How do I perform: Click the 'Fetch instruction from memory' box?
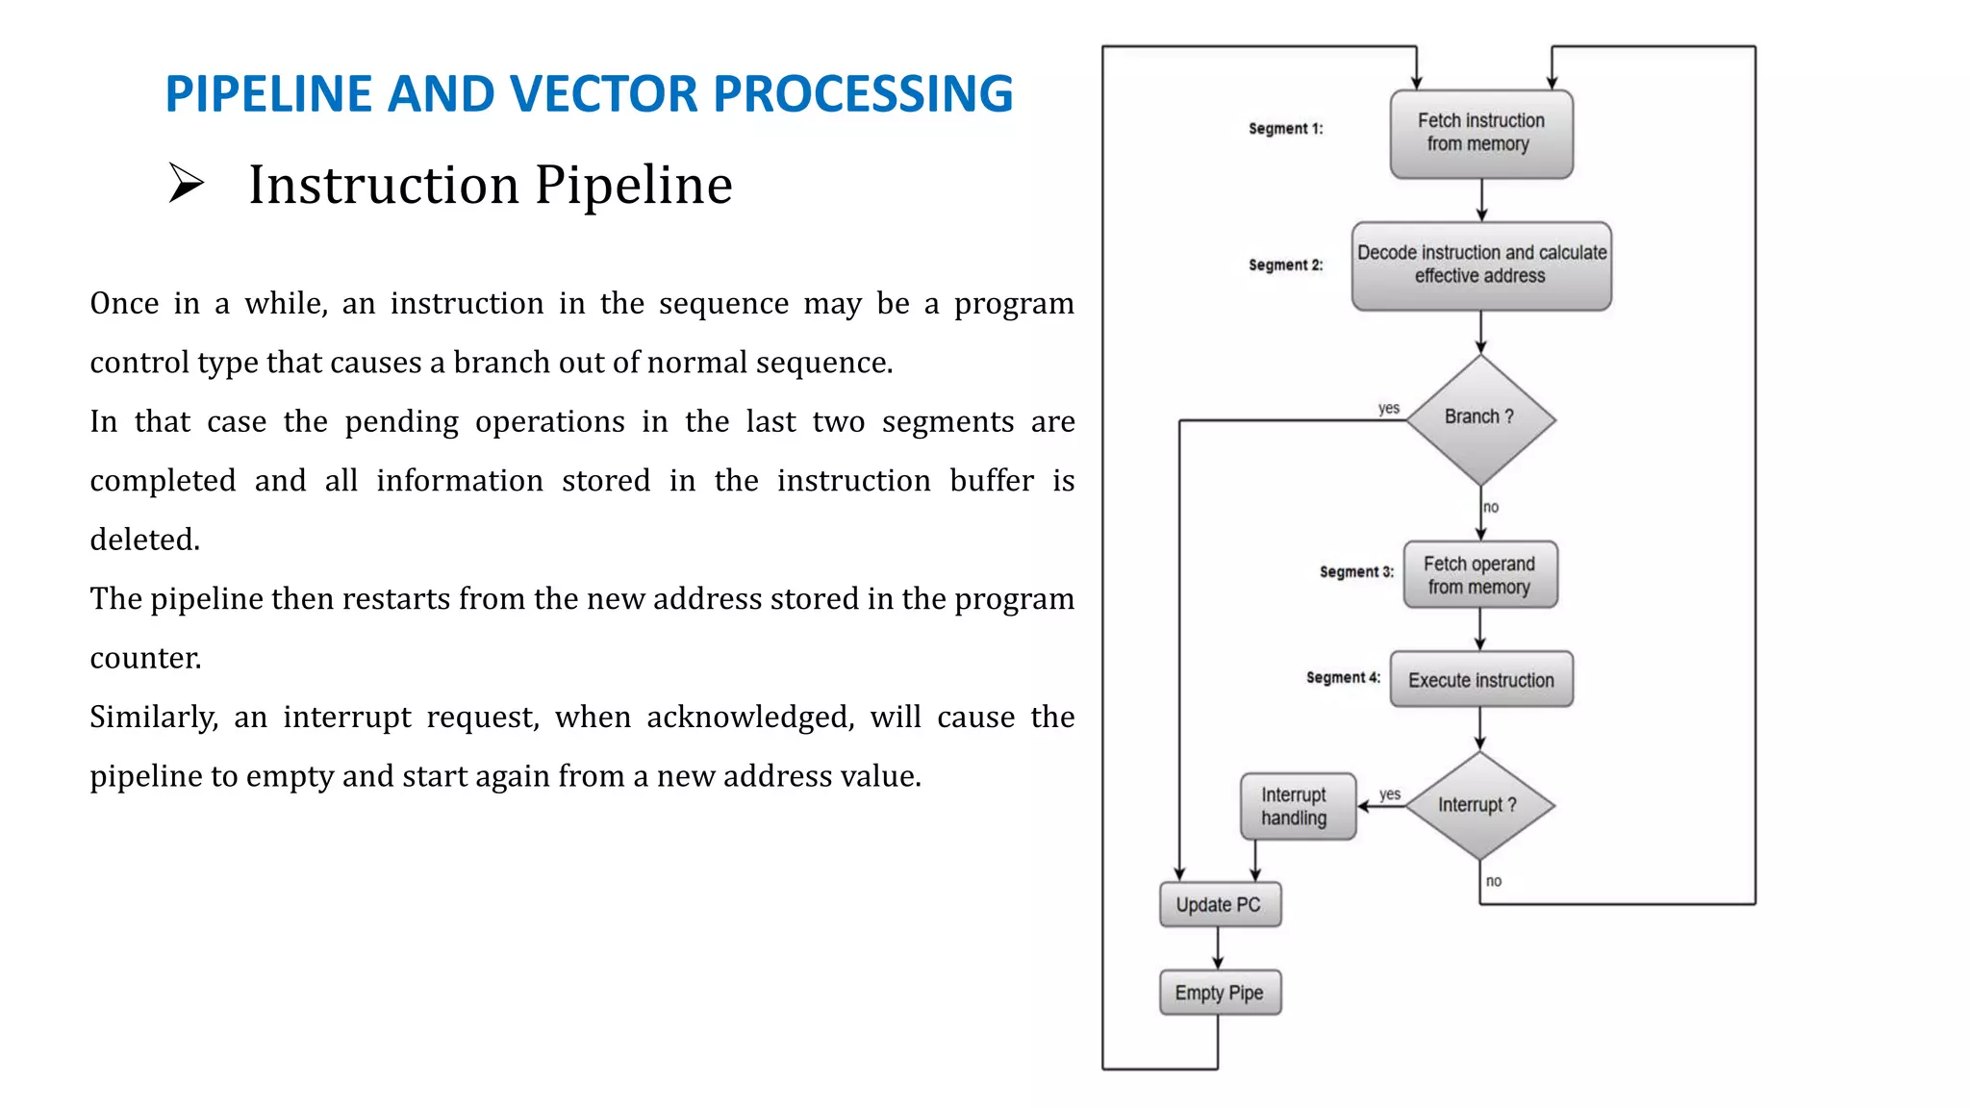tap(1480, 133)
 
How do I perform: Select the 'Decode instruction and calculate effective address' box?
tap(1480, 264)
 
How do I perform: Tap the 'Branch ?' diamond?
tap(1480, 418)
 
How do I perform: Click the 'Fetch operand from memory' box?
tap(1479, 575)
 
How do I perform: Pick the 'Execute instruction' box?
tap(1480, 680)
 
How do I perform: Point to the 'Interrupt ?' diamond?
tap(1478, 805)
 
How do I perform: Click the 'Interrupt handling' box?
tap(1297, 806)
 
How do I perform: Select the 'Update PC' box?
tap(1219, 905)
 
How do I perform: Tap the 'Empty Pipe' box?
tap(1219, 993)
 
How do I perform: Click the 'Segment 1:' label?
tap(1285, 129)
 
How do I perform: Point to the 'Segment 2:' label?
tap(1285, 265)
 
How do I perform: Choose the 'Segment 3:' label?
tap(1356, 572)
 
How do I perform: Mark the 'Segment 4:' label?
tap(1343, 678)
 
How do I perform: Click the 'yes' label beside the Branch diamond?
tap(1388, 408)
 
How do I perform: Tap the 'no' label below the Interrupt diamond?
tap(1493, 881)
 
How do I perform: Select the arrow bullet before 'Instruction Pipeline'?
tap(186, 183)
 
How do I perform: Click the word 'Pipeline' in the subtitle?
tap(633, 185)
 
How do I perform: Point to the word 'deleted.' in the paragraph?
tap(144, 540)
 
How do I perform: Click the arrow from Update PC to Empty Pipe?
tap(1218, 948)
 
